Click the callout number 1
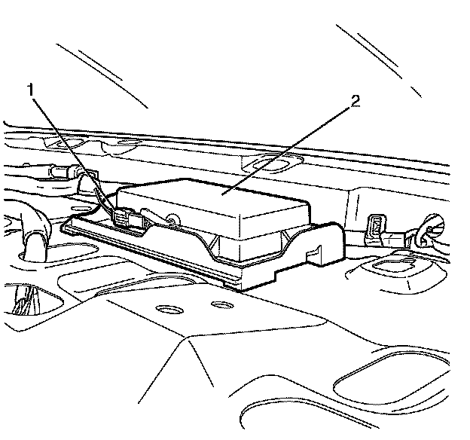32,89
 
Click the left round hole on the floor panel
163,309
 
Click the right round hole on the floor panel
219,304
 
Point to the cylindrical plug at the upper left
56,173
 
